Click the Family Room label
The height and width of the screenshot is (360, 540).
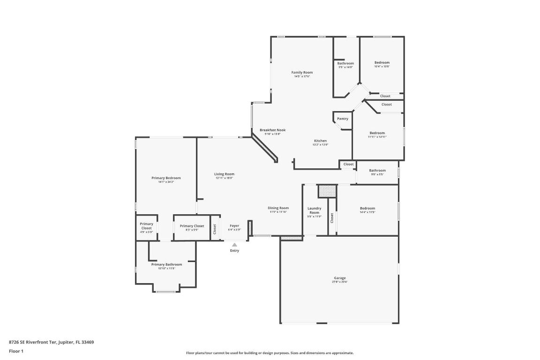(302, 72)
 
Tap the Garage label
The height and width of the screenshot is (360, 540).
(339, 278)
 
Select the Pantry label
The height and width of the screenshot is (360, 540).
(343, 119)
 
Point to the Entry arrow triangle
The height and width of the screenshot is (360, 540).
(234, 244)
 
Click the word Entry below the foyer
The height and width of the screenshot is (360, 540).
(234, 251)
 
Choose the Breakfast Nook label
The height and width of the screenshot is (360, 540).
(272, 130)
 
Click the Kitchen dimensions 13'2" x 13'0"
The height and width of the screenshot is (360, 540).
(321, 145)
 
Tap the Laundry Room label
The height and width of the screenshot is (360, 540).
(314, 210)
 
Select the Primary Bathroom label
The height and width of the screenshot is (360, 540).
(166, 264)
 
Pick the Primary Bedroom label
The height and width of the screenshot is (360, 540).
(166, 178)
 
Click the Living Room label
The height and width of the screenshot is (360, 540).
(224, 174)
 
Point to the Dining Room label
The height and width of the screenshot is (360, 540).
(278, 208)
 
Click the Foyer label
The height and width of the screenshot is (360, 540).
(234, 225)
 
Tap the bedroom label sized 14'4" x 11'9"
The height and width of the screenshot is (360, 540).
(367, 208)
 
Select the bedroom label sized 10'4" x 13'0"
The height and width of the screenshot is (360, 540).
(382, 62)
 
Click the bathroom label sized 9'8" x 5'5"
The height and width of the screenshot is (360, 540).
(377, 171)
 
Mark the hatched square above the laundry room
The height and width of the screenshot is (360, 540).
(327, 191)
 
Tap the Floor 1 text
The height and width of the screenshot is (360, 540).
(16, 351)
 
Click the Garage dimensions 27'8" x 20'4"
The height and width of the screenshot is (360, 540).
(339, 282)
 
